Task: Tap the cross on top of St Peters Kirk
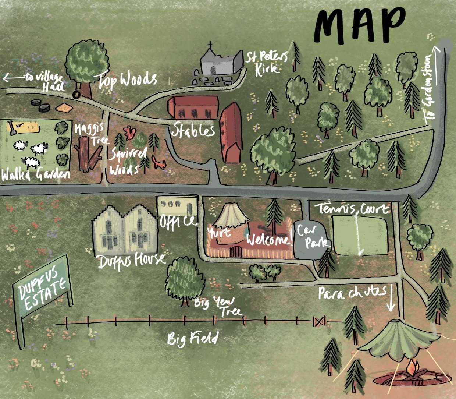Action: [x=210, y=46]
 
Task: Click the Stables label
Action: [x=193, y=130]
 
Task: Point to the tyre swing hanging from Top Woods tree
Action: [x=76, y=95]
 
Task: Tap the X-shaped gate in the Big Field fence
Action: [x=319, y=321]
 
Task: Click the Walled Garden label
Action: [x=35, y=174]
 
